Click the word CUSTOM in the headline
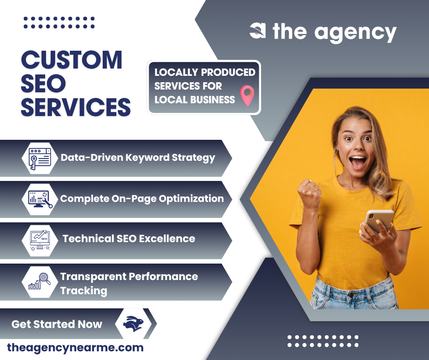72,60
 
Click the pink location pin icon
247,95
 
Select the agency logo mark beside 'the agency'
258,31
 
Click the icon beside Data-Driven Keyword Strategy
40,158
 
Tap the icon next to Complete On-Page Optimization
40,199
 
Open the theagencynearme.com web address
75,348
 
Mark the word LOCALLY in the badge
176,72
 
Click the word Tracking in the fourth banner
84,291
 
